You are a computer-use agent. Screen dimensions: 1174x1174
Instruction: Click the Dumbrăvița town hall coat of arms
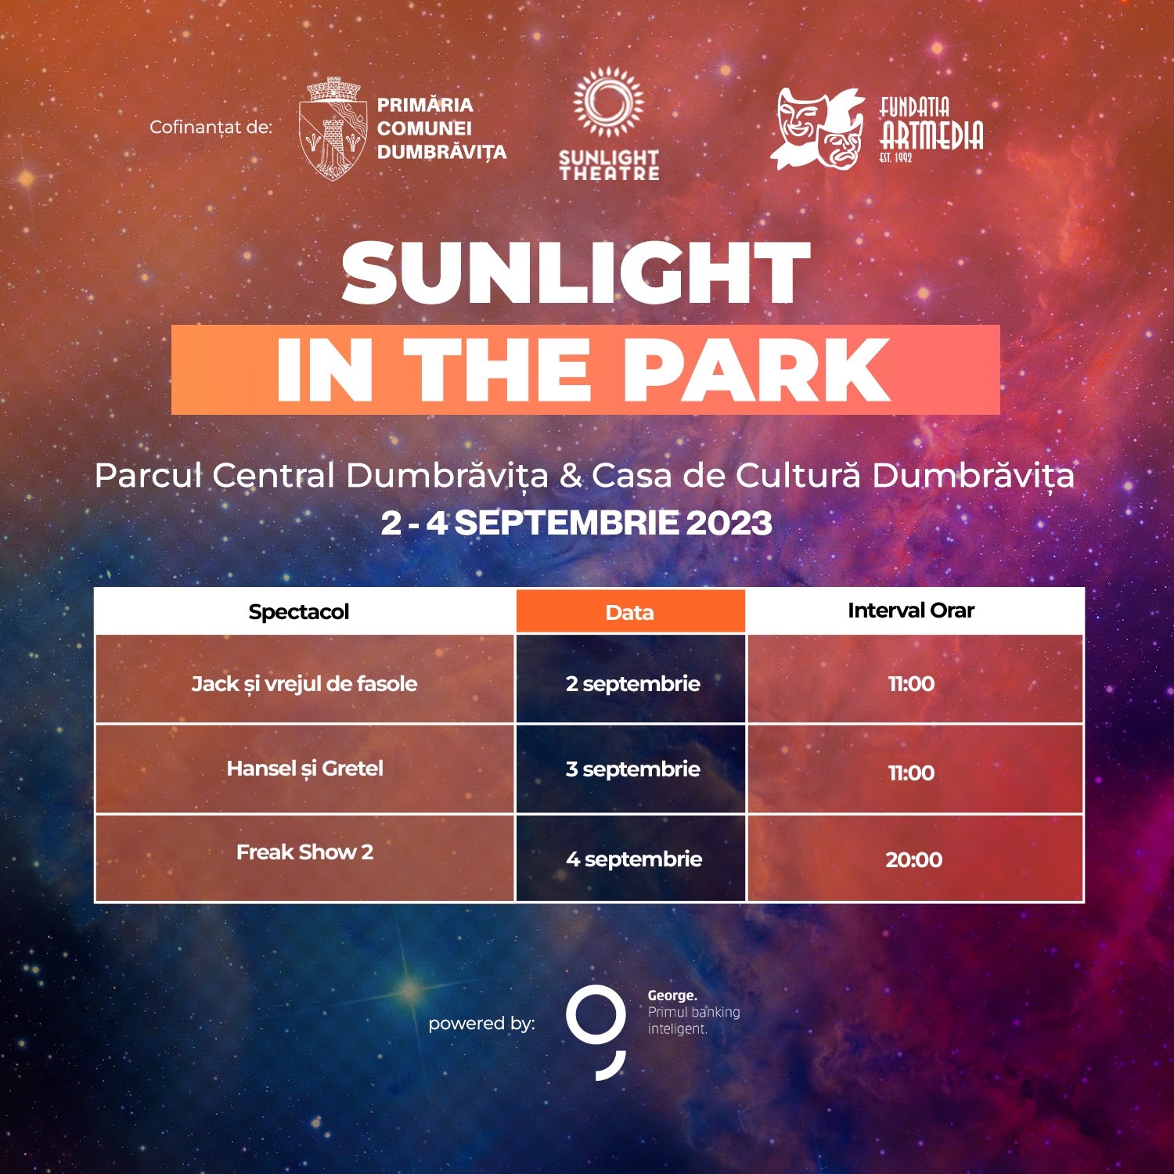pyautogui.click(x=333, y=128)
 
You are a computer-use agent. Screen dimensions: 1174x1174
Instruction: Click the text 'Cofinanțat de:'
pyautogui.click(x=211, y=127)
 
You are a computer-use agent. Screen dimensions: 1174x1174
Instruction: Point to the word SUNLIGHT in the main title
pyautogui.click(x=576, y=272)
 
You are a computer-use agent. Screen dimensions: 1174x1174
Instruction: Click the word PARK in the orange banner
pyautogui.click(x=757, y=370)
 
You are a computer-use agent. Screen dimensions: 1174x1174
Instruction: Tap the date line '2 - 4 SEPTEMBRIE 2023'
pyautogui.click(x=577, y=523)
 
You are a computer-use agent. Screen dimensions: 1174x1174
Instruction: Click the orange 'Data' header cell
pyautogui.click(x=630, y=612)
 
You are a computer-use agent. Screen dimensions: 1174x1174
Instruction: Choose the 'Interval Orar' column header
pyautogui.click(x=911, y=610)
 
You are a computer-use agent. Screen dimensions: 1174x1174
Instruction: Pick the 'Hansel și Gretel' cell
pyautogui.click(x=304, y=769)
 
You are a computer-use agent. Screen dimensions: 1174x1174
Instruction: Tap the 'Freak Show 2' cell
pyautogui.click(x=304, y=859)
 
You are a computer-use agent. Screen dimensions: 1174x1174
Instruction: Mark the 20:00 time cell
pyautogui.click(x=915, y=859)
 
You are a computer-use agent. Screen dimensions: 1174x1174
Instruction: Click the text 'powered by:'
pyautogui.click(x=481, y=1024)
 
